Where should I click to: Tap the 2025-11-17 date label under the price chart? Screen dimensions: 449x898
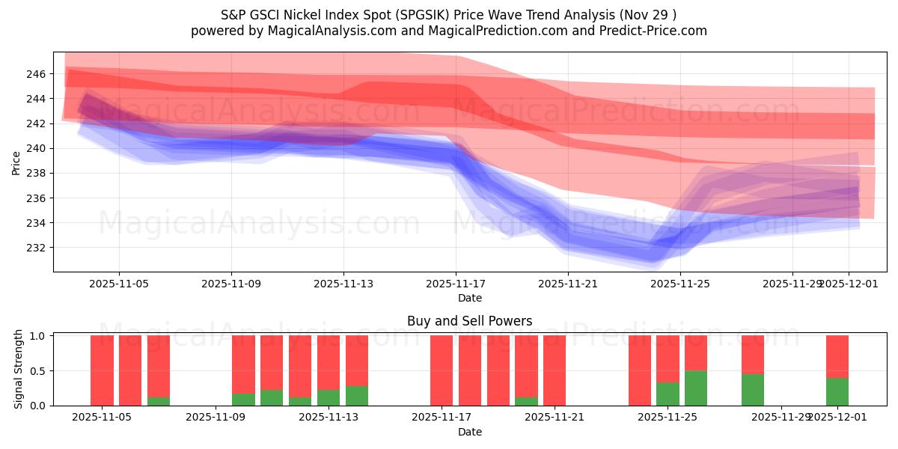click(x=455, y=284)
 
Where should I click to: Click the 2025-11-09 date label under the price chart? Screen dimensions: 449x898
click(x=230, y=284)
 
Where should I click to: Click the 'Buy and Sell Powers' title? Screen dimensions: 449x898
click(x=469, y=321)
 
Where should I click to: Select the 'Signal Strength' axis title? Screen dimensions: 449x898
click(x=19, y=369)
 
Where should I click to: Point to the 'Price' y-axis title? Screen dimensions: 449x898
click(x=16, y=162)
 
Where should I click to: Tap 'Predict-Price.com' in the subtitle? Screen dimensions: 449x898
click(x=657, y=31)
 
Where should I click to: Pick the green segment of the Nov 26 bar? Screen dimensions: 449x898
click(x=696, y=388)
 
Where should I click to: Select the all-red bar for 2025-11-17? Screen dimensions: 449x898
click(x=442, y=370)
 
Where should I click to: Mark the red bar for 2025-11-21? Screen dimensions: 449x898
click(x=555, y=370)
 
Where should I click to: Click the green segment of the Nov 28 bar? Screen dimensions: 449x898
click(x=753, y=389)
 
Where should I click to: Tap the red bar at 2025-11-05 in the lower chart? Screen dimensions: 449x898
click(x=102, y=370)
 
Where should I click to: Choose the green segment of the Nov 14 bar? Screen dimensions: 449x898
click(x=357, y=395)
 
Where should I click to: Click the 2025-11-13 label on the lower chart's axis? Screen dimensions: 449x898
click(x=328, y=418)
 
